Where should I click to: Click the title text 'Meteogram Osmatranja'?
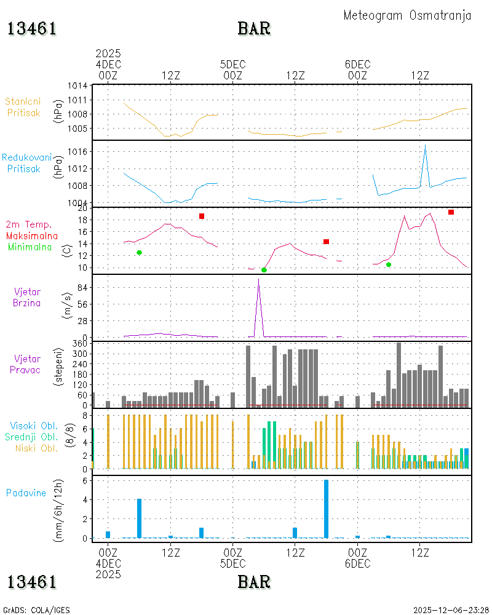[x=407, y=16]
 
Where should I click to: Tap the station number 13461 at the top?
[x=32, y=29]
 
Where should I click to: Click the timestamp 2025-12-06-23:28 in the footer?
[x=451, y=610]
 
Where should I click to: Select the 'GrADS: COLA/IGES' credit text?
[x=36, y=610]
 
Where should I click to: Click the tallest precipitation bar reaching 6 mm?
[x=326, y=509]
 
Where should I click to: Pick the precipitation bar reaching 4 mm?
[x=139, y=518]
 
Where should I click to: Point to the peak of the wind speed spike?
[x=258, y=279]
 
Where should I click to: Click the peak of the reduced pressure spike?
[x=426, y=146]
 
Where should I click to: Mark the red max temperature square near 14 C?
[x=326, y=242]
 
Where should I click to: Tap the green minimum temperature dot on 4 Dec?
[x=139, y=253]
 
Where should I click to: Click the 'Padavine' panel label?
[x=26, y=493]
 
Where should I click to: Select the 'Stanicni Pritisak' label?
[x=23, y=107]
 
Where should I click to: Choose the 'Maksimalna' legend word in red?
[x=32, y=236]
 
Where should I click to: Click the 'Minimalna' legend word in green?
[x=30, y=247]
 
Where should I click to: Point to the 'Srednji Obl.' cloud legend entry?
[x=31, y=437]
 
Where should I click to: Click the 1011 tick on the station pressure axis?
[x=77, y=100]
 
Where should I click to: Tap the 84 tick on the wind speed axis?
[x=82, y=287]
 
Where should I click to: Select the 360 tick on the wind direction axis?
[x=80, y=344]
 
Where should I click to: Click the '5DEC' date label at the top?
[x=232, y=65]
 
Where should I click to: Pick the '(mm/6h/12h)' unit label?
[x=58, y=510]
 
